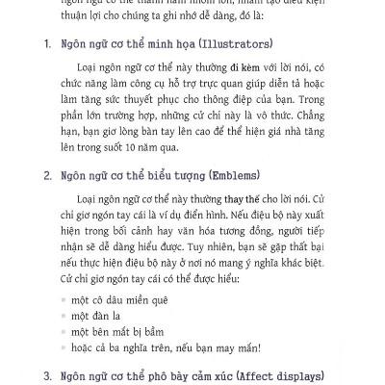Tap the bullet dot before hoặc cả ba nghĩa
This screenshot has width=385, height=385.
coord(64,347)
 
